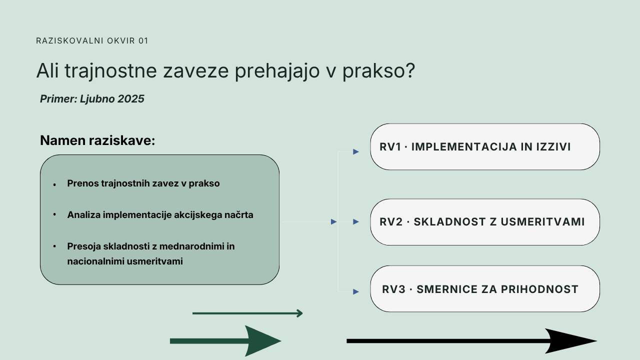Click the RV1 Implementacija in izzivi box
(x=485, y=147)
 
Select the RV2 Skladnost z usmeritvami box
(x=485, y=222)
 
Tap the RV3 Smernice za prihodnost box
(x=485, y=289)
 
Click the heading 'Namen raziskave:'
(x=97, y=140)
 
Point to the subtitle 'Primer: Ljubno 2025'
(x=92, y=99)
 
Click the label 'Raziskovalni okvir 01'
(x=92, y=41)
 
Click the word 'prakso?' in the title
(x=378, y=71)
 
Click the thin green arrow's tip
(x=302, y=313)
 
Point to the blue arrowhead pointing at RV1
(x=356, y=151)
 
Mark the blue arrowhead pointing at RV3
(x=356, y=291)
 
